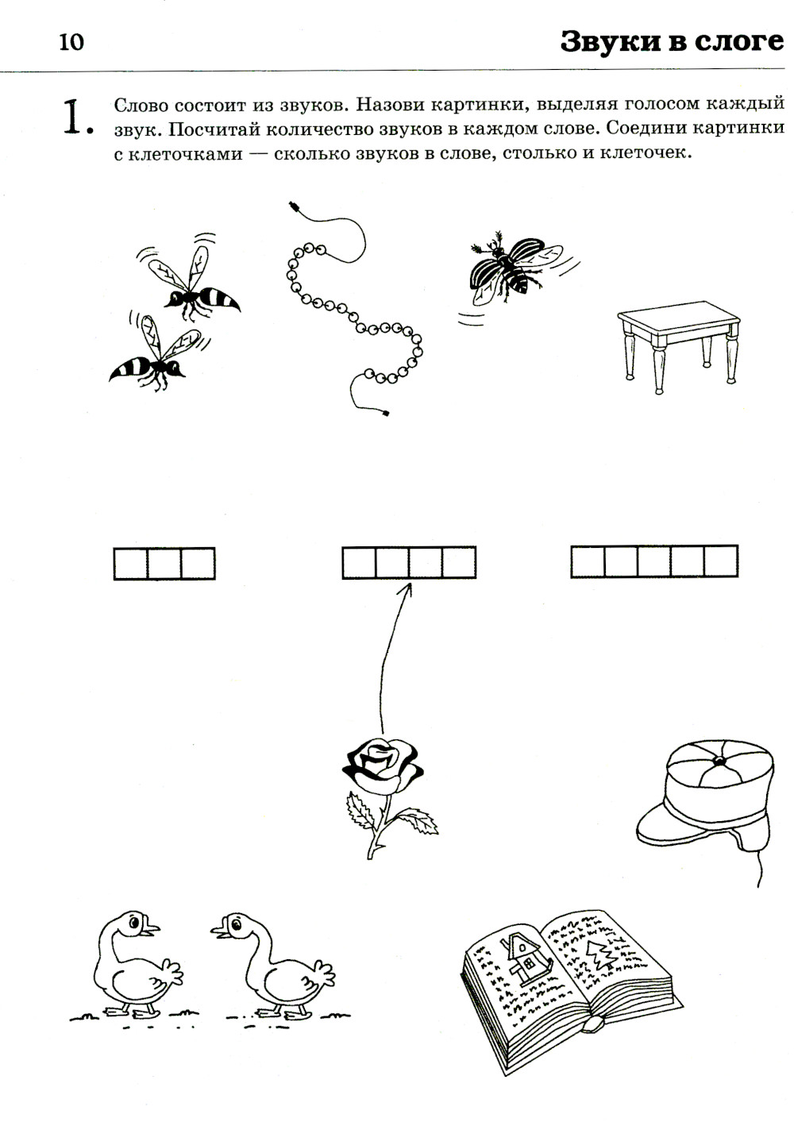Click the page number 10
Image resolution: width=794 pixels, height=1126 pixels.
(71, 42)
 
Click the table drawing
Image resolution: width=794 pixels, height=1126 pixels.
(678, 346)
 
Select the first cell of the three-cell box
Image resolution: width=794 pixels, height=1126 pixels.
(131, 564)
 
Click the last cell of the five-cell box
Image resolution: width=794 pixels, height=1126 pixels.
(721, 561)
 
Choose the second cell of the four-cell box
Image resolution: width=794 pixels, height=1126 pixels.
(392, 562)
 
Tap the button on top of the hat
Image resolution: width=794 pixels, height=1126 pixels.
(719, 761)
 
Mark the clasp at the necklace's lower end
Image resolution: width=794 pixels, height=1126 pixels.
(385, 413)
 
